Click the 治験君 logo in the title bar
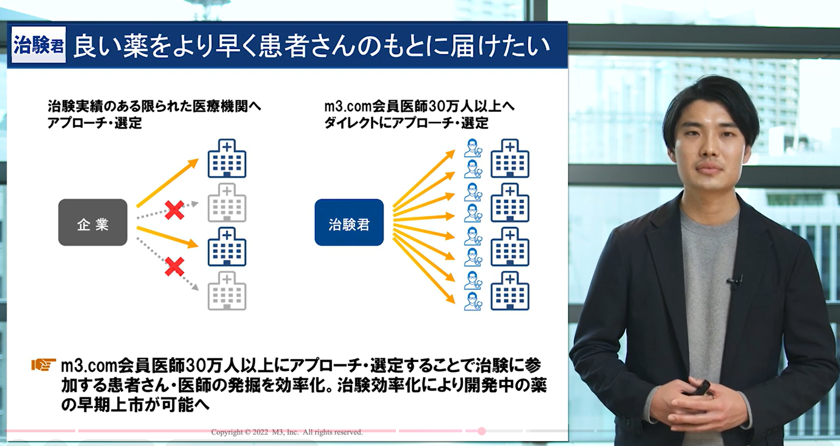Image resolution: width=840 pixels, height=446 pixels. [x=39, y=44]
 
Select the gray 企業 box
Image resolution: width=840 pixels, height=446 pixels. [x=92, y=223]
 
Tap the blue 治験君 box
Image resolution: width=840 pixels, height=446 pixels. [x=349, y=223]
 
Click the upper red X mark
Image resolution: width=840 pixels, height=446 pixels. [x=174, y=210]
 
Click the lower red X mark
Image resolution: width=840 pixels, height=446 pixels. [x=174, y=267]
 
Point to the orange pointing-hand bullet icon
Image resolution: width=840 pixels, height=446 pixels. [x=44, y=365]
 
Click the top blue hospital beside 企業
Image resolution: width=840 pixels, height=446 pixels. [x=227, y=158]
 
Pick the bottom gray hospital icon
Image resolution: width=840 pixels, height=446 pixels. [x=227, y=291]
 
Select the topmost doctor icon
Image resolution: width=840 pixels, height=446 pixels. [x=473, y=147]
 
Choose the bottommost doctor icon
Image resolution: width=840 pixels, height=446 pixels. [x=473, y=301]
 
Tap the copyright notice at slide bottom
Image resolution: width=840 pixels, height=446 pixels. [x=287, y=432]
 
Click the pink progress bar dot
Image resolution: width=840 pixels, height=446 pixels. [x=482, y=431]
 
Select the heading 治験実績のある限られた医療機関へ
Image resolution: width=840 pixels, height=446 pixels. [x=154, y=107]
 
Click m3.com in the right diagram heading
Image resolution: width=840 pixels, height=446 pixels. [x=347, y=107]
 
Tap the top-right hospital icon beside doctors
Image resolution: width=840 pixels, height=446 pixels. [x=510, y=158]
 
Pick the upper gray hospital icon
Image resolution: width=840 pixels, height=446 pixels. [x=227, y=203]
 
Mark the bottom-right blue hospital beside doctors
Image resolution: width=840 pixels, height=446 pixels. [x=510, y=291]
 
